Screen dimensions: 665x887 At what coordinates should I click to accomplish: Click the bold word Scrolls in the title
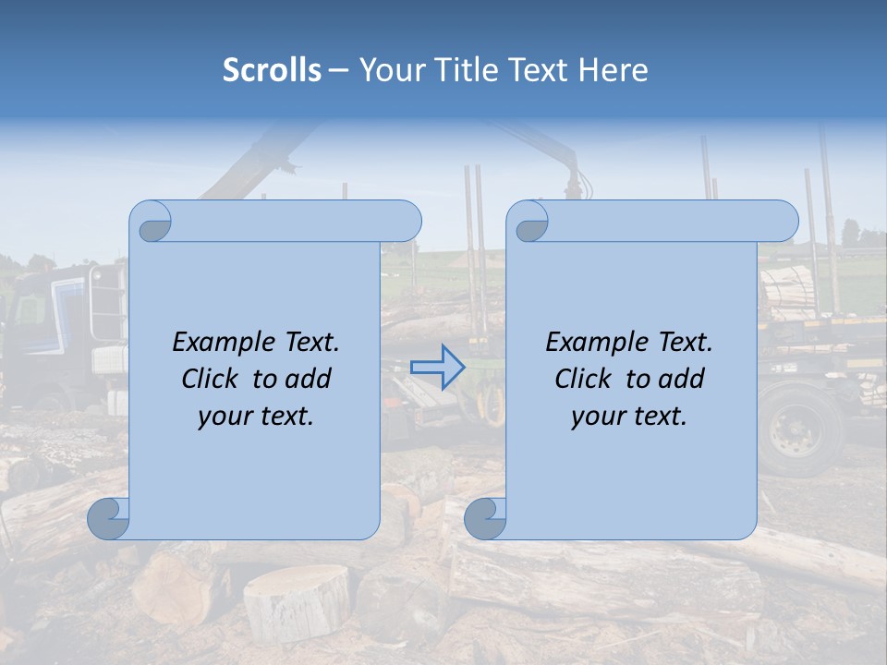point(272,70)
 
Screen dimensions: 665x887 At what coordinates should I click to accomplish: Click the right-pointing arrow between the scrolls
point(437,368)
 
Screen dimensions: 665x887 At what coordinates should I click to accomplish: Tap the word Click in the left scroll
point(213,379)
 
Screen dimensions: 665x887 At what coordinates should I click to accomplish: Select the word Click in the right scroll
point(586,379)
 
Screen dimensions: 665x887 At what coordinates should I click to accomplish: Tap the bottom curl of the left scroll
point(108,518)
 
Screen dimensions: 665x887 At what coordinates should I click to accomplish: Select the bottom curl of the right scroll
point(485,518)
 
